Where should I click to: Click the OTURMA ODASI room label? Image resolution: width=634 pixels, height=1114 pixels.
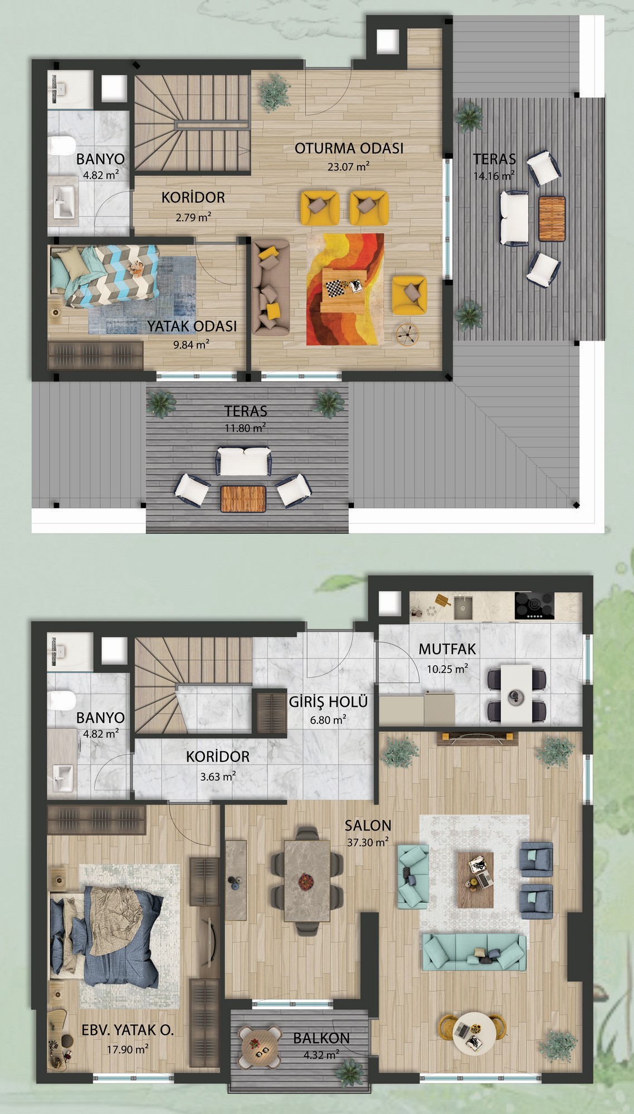click(349, 148)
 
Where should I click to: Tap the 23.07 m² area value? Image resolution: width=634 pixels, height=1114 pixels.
click(349, 166)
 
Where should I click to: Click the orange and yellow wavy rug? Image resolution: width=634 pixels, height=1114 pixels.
click(345, 289)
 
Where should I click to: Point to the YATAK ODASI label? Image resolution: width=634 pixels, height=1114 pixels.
click(192, 326)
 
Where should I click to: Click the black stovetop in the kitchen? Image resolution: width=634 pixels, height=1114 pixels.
click(534, 605)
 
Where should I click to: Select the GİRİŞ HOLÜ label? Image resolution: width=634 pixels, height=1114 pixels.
click(328, 701)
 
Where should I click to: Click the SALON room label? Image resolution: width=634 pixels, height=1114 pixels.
click(368, 825)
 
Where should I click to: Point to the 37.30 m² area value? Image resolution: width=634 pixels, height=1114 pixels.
click(368, 842)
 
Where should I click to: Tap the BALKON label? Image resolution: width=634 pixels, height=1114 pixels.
click(321, 1038)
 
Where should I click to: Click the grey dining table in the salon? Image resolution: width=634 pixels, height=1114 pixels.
click(307, 880)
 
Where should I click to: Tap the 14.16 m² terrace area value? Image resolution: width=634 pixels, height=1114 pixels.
click(494, 176)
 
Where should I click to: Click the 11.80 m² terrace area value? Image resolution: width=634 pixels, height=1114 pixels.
click(245, 428)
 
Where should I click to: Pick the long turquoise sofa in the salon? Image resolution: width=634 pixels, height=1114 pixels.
click(474, 952)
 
